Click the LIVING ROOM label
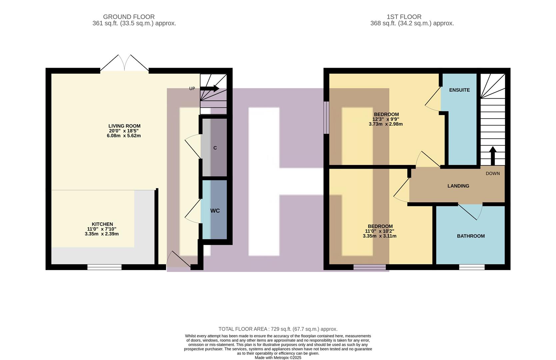pos(124,126)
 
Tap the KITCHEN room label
pos(102,224)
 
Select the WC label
pos(215,211)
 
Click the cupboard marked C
pos(215,148)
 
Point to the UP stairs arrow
pos(210,89)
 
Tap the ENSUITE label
pos(459,90)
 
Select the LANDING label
pos(458,186)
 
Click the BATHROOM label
pos(470,236)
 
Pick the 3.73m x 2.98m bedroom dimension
pos(385,124)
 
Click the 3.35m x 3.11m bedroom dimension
pos(379,236)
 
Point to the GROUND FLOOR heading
pos(129,17)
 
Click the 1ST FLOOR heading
pos(404,17)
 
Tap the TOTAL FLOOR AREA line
pos(278,329)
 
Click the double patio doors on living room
pos(124,63)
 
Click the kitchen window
pos(104,267)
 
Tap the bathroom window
pos(471,267)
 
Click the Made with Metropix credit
pos(278,358)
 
